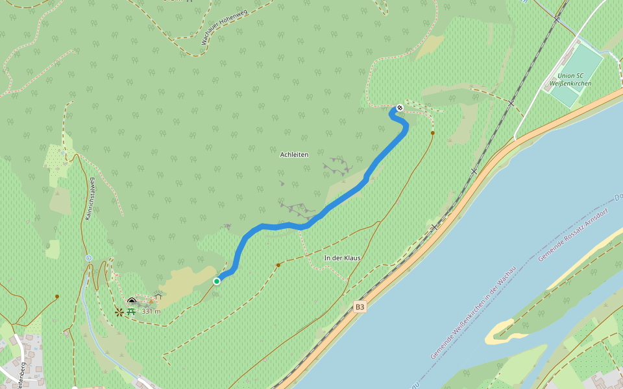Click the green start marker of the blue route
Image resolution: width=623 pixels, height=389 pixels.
click(217, 281)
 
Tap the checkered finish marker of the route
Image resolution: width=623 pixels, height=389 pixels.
click(400, 108)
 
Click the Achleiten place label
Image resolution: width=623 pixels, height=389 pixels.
click(294, 154)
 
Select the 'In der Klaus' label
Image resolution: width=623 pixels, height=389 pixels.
click(342, 258)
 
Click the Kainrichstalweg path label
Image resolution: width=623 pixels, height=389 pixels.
click(90, 199)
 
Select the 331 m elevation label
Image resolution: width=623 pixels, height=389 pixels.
click(151, 311)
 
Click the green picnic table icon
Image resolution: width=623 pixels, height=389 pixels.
click(130, 311)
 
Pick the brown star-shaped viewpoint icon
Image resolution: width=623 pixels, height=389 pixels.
click(119, 312)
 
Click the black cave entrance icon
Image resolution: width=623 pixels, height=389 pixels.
click(132, 301)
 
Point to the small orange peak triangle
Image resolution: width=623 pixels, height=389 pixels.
click(151, 301)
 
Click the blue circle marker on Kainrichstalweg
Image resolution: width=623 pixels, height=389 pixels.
click(89, 258)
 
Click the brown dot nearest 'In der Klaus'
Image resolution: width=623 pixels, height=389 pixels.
click(278, 265)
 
